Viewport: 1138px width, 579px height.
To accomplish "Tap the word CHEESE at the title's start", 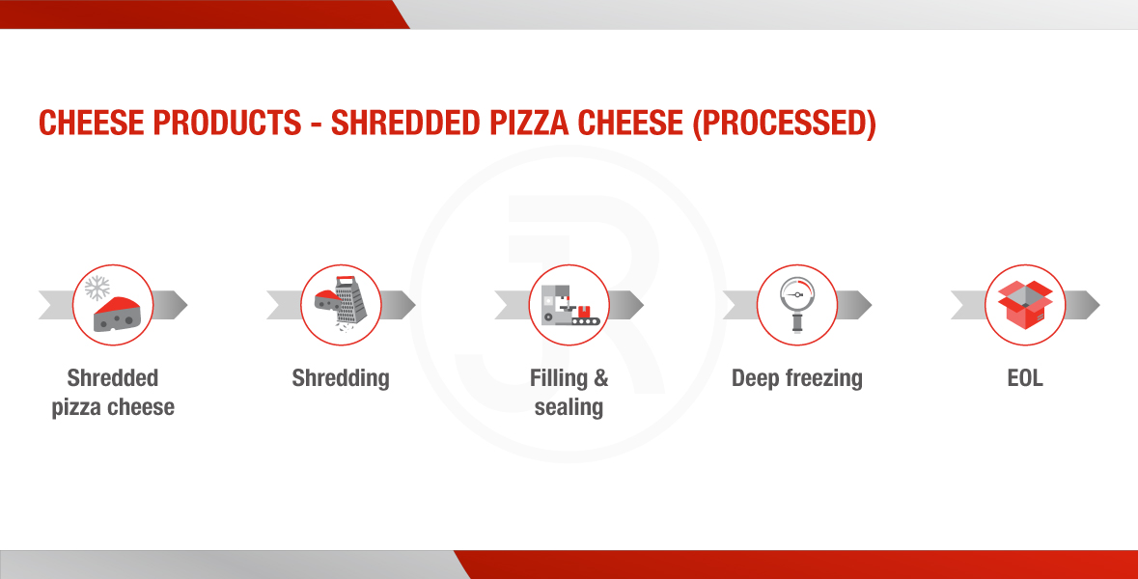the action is click(x=92, y=123).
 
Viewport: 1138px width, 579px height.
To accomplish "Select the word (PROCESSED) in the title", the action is click(x=784, y=124).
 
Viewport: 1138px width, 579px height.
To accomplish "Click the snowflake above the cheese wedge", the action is click(x=97, y=288).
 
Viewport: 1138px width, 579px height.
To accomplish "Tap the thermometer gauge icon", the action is click(x=797, y=305).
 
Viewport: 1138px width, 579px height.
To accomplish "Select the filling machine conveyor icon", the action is click(x=570, y=305).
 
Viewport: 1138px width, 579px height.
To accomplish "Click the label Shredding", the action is click(x=341, y=378).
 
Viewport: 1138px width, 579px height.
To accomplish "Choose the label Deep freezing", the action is click(x=797, y=378).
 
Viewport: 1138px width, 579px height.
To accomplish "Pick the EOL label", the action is click(x=1025, y=378).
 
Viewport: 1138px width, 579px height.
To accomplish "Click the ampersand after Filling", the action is click(x=601, y=378).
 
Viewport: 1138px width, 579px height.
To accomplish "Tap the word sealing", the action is click(x=569, y=407).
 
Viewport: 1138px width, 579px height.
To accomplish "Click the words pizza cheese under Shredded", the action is click(x=113, y=407).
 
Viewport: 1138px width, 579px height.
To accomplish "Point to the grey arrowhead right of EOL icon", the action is click(x=1083, y=305).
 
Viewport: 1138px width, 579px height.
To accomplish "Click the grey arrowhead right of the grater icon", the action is click(x=399, y=305).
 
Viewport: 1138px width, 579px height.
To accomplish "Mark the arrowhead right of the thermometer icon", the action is click(x=854, y=305).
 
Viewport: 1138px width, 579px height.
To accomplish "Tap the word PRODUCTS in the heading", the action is click(x=227, y=123).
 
